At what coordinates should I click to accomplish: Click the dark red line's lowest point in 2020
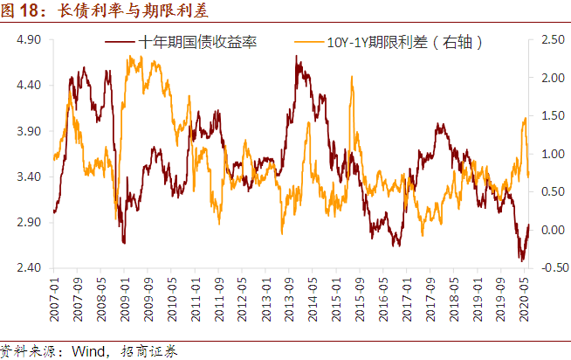(521, 260)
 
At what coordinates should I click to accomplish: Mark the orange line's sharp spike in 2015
(351, 77)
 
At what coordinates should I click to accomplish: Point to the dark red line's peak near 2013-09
(297, 58)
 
